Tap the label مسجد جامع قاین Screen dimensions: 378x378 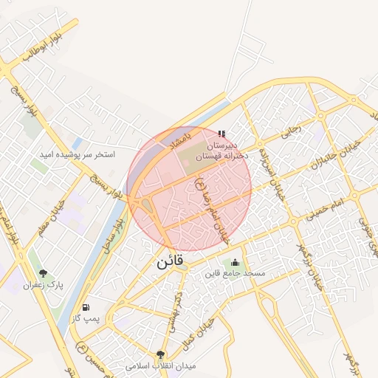click(x=235, y=274)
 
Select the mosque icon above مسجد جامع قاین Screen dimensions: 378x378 click(x=235, y=261)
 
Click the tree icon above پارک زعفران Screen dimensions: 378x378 click(x=43, y=272)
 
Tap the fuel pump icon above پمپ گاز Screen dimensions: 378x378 click(x=87, y=306)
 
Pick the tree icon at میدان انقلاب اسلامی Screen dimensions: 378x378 click(x=161, y=354)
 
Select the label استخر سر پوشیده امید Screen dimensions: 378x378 click(x=78, y=156)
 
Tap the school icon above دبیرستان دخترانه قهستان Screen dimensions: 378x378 click(x=222, y=134)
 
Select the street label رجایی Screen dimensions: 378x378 click(x=289, y=131)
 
